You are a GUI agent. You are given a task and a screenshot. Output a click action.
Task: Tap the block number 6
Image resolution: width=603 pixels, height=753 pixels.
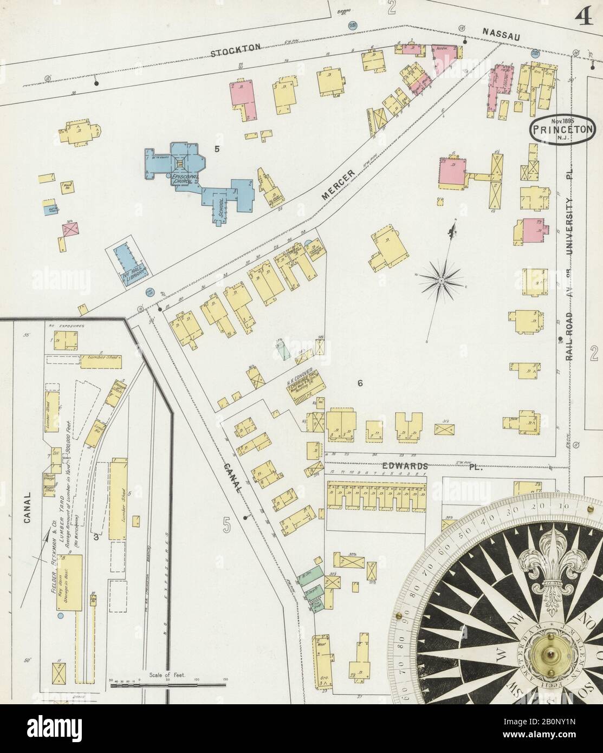coord(359,384)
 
